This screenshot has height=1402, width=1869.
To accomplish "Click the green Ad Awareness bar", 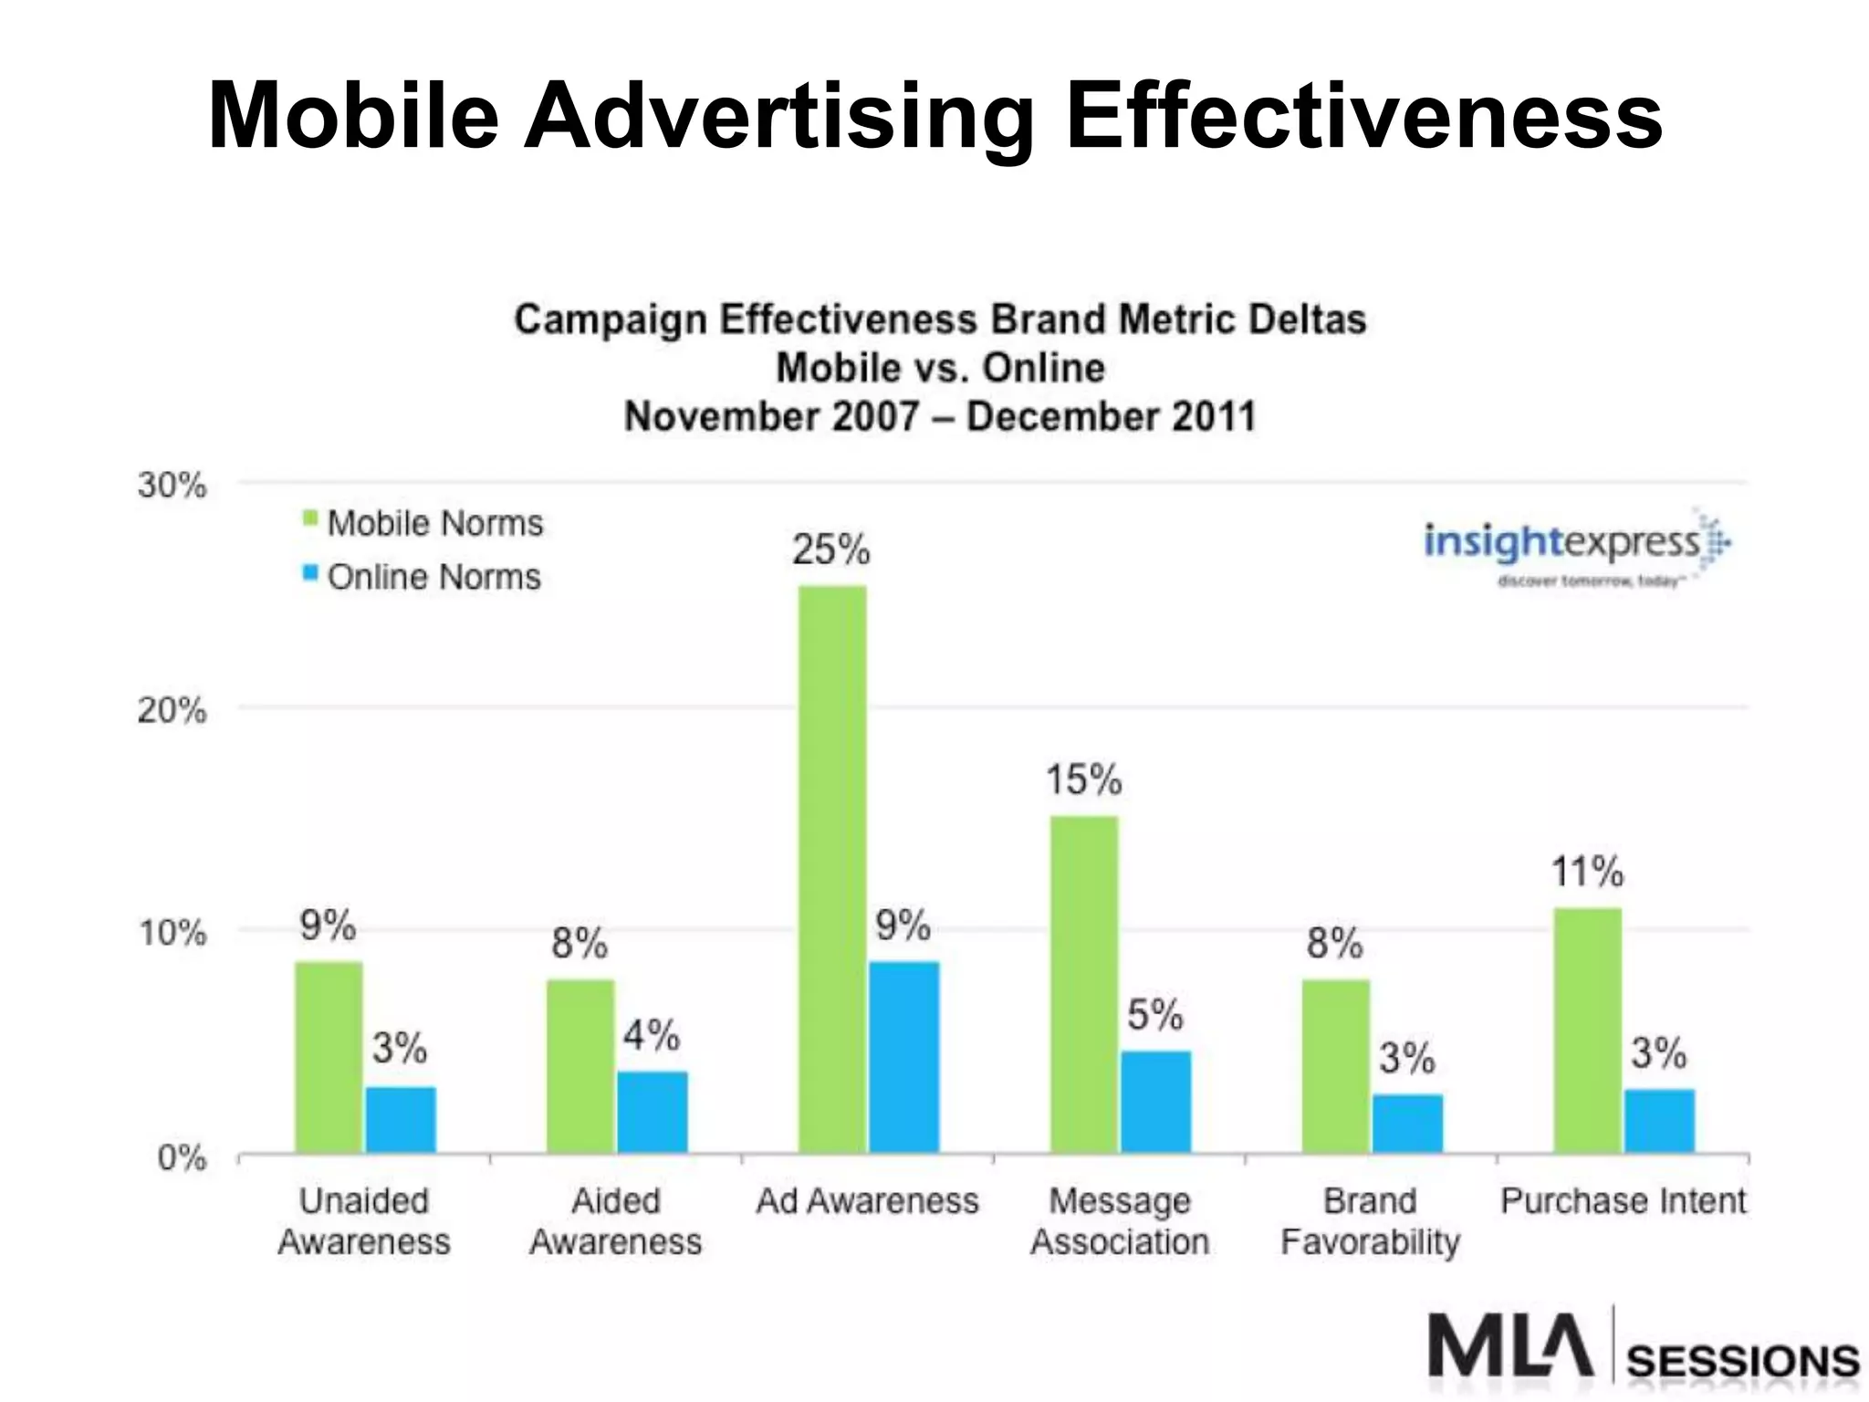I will point(832,867).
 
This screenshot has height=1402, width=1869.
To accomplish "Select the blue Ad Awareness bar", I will point(903,1056).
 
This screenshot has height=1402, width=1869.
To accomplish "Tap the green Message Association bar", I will point(1084,983).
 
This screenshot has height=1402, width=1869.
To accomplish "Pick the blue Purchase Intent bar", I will point(1659,1120).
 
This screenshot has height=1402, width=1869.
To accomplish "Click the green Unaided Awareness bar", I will point(329,1056).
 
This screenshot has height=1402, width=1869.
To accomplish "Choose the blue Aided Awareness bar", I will point(653,1111).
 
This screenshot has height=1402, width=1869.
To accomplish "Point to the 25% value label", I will point(830,549).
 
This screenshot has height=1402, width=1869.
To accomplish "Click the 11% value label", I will point(1587,872).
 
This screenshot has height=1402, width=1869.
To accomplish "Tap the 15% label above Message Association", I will point(1083,779).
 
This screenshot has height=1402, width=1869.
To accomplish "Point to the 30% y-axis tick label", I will point(172,485).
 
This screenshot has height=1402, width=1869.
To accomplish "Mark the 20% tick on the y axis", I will point(172,709).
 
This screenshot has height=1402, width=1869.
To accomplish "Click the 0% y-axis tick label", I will point(182,1157).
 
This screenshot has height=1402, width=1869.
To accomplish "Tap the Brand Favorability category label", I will point(1370,1221).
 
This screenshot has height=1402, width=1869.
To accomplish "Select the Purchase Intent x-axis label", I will point(1623,1201).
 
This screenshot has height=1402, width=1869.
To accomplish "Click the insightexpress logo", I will point(1574,548).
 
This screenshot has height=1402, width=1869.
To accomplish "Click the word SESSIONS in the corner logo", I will point(1743,1361).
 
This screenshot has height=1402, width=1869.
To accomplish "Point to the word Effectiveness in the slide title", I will point(1363,116).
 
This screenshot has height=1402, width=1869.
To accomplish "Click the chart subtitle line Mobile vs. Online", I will point(940,368).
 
